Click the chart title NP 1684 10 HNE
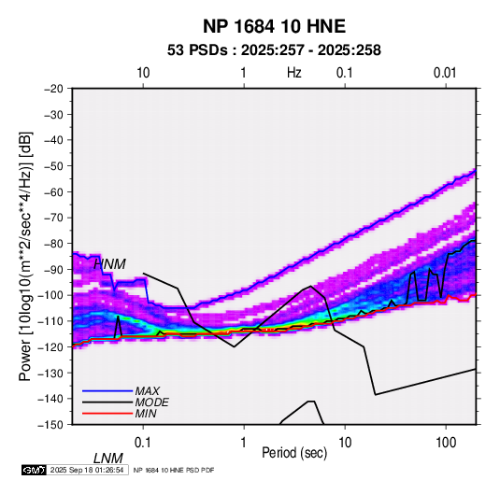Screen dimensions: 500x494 [274, 26]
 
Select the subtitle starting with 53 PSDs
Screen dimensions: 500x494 [274, 50]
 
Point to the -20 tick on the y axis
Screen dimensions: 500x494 [53, 89]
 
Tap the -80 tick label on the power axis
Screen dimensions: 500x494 [53, 244]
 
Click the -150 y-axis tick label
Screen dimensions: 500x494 [50, 425]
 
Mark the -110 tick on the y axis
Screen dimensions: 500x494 [50, 321]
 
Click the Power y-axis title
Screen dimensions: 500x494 [25, 256]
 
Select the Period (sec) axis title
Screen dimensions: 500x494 [294, 453]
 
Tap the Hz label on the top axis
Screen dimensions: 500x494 [294, 73]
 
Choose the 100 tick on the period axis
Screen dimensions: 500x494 [446, 443]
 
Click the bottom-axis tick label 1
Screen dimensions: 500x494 [244, 443]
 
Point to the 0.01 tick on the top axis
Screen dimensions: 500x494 [445, 73]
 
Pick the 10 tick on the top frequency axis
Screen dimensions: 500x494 [143, 73]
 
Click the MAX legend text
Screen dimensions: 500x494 [148, 391]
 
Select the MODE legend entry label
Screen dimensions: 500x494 [151, 402]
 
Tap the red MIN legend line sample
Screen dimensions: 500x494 [107, 414]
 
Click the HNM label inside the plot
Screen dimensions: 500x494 [109, 264]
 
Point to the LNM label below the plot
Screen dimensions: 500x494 [108, 459]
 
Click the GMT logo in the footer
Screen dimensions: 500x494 [35, 470]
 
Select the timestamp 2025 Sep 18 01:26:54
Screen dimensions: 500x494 [87, 470]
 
